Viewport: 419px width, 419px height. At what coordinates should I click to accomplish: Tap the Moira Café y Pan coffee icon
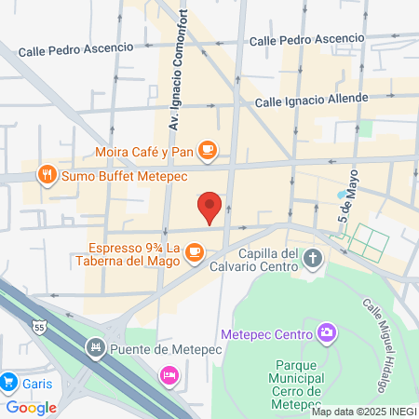point(208,149)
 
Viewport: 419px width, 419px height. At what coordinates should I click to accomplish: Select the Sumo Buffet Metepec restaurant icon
point(45,174)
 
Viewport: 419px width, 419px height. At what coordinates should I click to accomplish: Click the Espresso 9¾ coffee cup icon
point(194,251)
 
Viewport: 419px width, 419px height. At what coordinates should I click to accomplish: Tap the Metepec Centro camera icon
point(326,332)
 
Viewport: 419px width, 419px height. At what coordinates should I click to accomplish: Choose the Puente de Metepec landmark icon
point(94,349)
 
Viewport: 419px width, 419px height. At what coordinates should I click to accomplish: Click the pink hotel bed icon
point(169,375)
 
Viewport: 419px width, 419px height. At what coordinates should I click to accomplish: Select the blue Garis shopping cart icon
point(8,382)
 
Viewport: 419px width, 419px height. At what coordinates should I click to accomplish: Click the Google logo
point(31,407)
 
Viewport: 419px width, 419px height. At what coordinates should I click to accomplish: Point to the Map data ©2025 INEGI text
point(364,412)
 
